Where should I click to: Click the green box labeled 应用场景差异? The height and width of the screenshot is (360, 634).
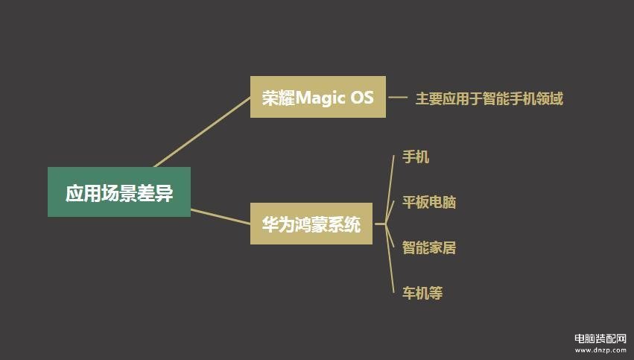click(x=119, y=192)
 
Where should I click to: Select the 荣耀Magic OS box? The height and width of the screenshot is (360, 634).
click(x=318, y=97)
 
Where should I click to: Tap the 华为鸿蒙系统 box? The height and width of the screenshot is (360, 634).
click(x=311, y=224)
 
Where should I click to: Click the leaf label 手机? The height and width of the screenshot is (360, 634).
click(x=416, y=157)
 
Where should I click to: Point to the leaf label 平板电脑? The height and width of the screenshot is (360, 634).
click(x=429, y=202)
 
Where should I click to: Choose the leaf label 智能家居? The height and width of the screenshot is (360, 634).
click(x=429, y=247)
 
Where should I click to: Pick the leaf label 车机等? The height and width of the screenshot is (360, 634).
click(x=422, y=293)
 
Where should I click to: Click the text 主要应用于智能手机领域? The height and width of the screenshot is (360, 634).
click(x=489, y=98)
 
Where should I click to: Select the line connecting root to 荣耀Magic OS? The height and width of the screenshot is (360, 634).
click(x=202, y=132)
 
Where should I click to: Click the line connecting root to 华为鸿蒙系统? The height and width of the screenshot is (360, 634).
click(x=221, y=216)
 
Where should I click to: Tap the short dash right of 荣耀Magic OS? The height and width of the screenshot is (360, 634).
click(x=398, y=97)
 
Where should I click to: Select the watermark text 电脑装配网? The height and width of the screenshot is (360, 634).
click(x=600, y=338)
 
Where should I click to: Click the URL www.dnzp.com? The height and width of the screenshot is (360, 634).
click(x=600, y=350)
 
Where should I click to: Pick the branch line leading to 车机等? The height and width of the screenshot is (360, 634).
click(x=390, y=258)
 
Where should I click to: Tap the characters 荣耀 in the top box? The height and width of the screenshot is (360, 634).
click(x=279, y=98)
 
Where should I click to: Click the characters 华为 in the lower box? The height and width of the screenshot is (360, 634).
click(x=278, y=224)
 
